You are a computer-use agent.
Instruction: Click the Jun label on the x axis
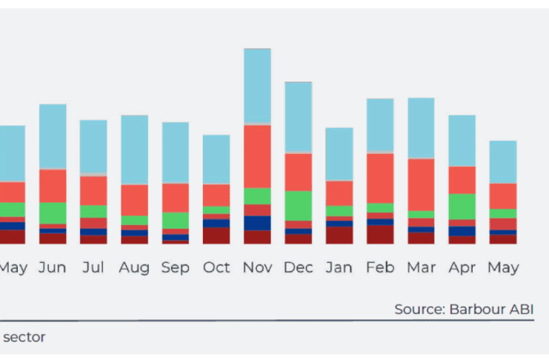pyautogui.click(x=53, y=267)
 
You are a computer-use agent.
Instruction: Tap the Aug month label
pyautogui.click(x=134, y=267)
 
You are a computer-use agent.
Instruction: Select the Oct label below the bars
pyautogui.click(x=216, y=267)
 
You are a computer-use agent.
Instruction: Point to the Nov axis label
pyautogui.click(x=257, y=267)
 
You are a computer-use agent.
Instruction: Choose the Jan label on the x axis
pyautogui.click(x=339, y=267)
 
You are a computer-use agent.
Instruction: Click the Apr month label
pyautogui.click(x=462, y=267)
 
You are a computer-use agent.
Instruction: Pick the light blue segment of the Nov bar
pyautogui.click(x=257, y=86)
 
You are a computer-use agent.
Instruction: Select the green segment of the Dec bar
pyautogui.click(x=299, y=205)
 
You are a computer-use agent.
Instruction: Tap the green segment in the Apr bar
pyautogui.click(x=462, y=206)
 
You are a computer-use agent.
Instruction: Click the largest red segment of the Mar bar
pyautogui.click(x=421, y=184)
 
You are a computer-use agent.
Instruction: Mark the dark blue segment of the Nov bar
pyautogui.click(x=257, y=223)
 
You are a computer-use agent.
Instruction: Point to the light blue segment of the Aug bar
pyautogui.click(x=134, y=150)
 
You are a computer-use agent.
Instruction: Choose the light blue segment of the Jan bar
pyautogui.click(x=339, y=154)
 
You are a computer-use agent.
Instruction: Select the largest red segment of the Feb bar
pyautogui.click(x=380, y=178)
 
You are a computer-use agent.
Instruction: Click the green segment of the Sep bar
pyautogui.click(x=176, y=220)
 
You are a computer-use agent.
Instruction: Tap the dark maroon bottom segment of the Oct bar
pyautogui.click(x=216, y=236)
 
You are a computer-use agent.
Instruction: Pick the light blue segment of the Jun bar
pyautogui.click(x=53, y=136)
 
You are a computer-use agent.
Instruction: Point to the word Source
pyautogui.click(x=419, y=309)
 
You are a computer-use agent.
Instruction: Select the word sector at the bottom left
pyautogui.click(x=24, y=337)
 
